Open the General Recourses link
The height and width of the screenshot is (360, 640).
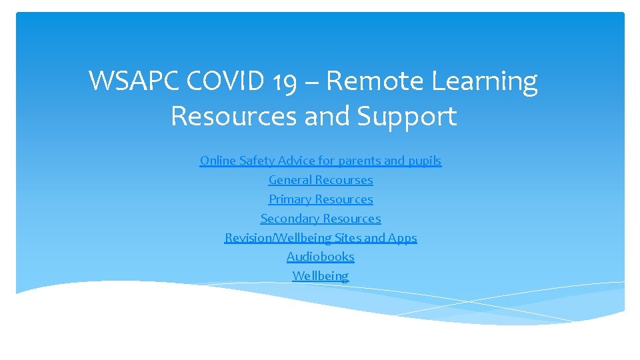[x=320, y=180]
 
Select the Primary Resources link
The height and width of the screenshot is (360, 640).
[x=320, y=199]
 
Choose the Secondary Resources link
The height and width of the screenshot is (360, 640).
[x=320, y=219]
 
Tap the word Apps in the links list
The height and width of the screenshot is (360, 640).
[x=403, y=238]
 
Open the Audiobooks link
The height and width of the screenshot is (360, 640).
[x=320, y=257]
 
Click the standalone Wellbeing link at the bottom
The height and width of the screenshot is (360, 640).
[x=320, y=276]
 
